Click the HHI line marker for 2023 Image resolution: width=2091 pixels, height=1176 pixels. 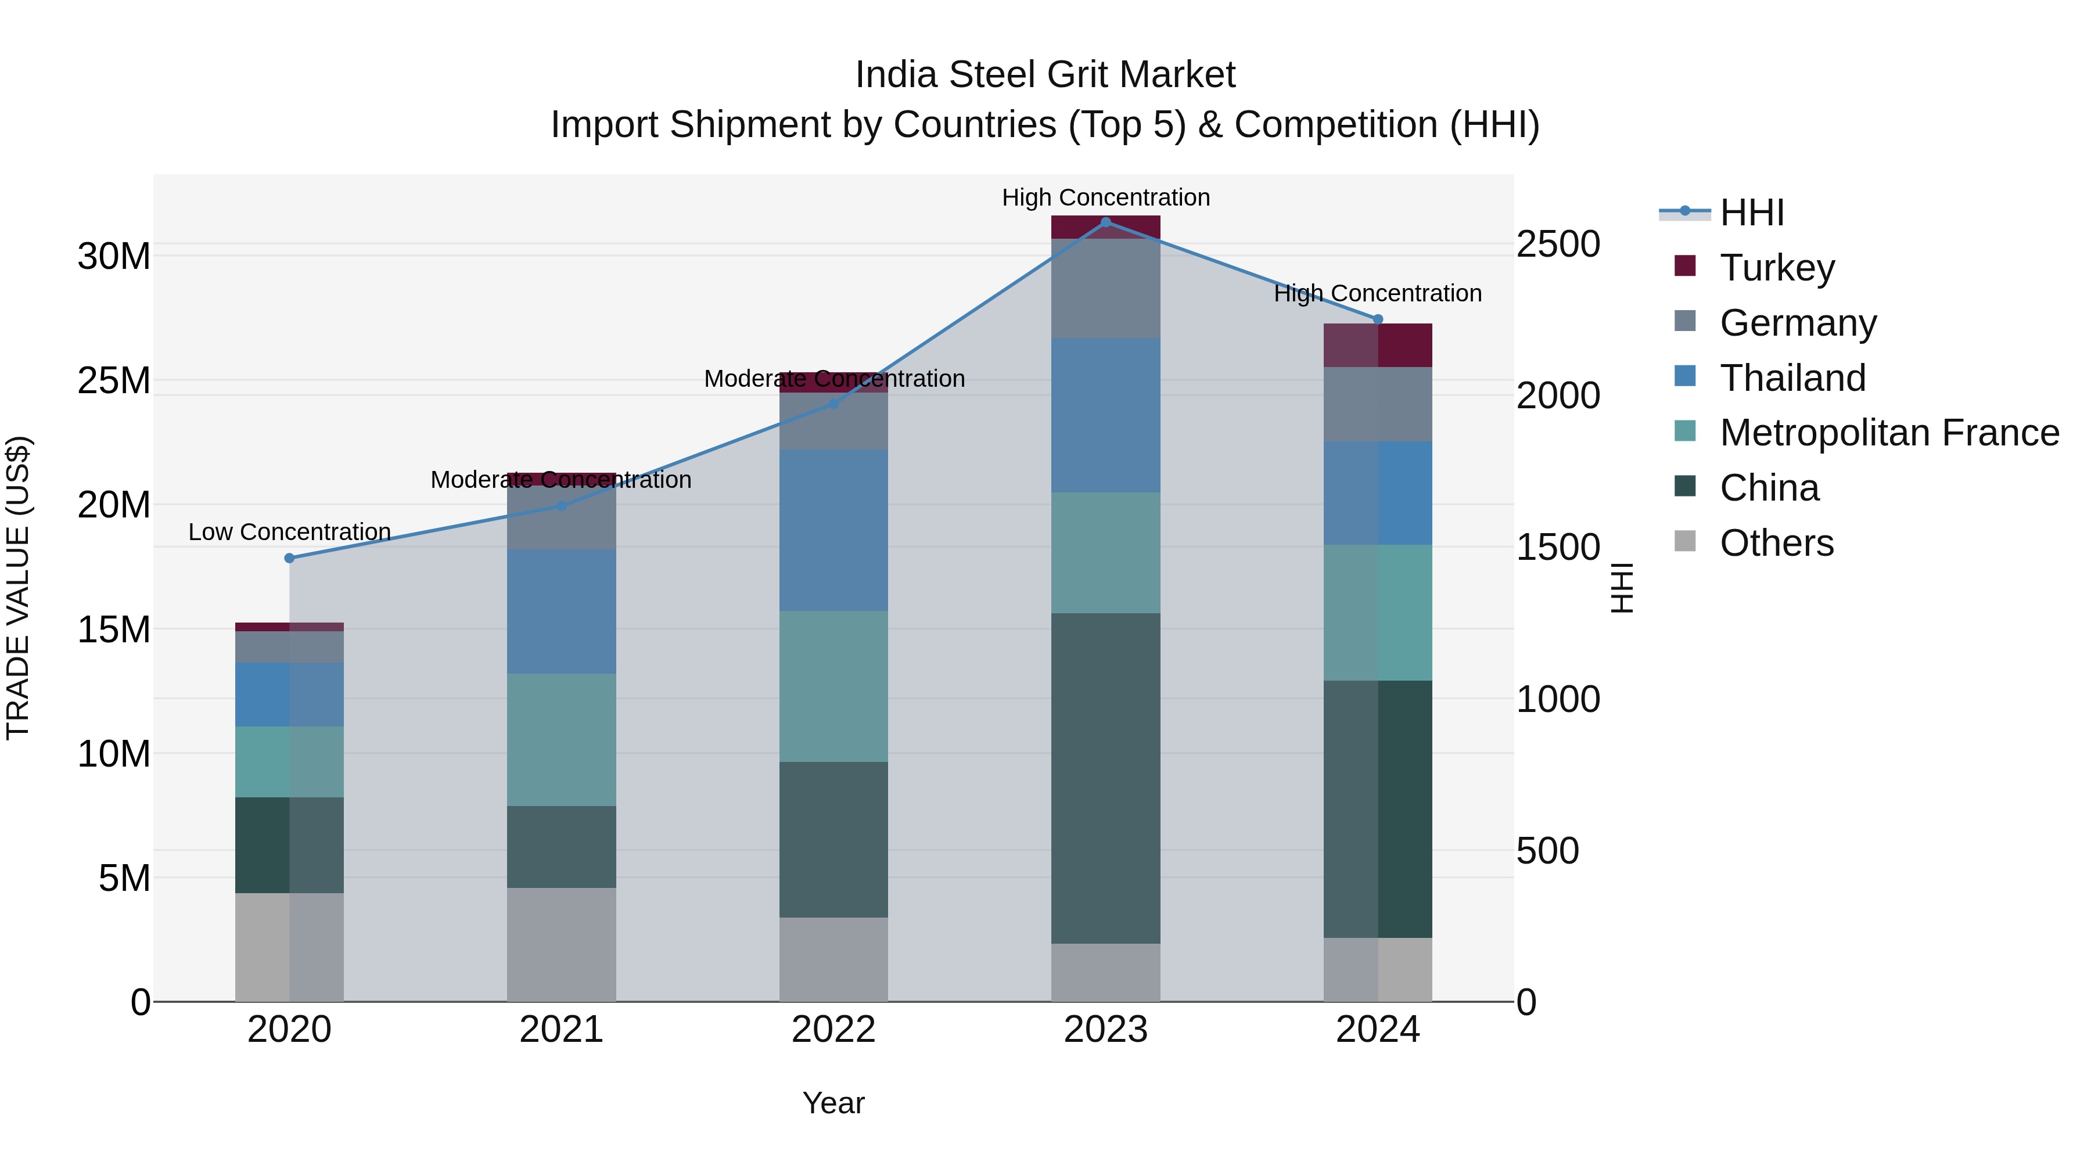click(x=1105, y=222)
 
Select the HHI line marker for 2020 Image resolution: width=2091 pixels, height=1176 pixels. click(x=289, y=558)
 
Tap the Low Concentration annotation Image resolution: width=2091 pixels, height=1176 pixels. click(x=289, y=533)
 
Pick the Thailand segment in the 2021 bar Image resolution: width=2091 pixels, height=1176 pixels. click(x=561, y=611)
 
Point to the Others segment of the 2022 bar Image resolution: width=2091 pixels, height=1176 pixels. click(x=833, y=959)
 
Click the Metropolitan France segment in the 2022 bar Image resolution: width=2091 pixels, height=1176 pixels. click(x=833, y=686)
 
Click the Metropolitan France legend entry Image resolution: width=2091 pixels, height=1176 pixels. click(x=1889, y=433)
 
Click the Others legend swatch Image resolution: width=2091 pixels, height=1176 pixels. click(x=1685, y=541)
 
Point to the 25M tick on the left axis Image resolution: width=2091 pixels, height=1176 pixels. click(x=114, y=380)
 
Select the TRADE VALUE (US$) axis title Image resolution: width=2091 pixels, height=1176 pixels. click(x=18, y=588)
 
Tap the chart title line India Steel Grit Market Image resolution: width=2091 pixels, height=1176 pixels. click(x=1045, y=75)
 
